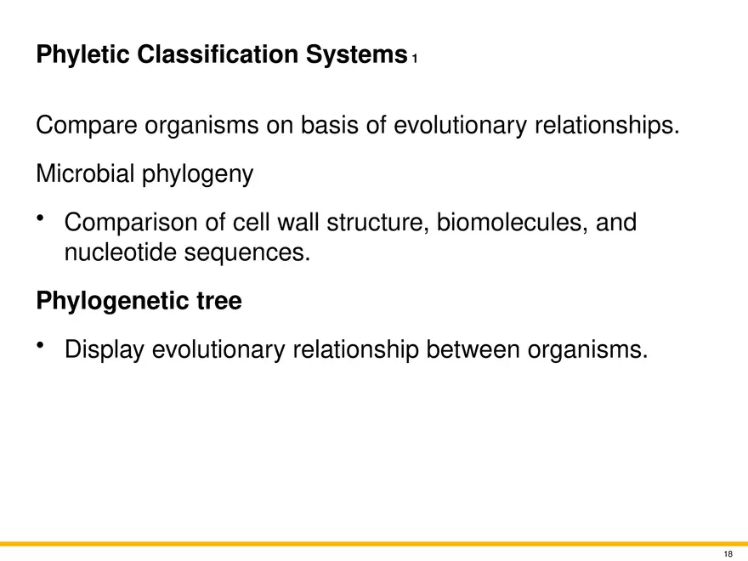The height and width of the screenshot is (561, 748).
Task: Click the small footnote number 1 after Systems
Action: (x=414, y=59)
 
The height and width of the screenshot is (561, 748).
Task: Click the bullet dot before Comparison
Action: (x=41, y=220)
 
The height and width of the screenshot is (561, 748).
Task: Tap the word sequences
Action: (x=251, y=252)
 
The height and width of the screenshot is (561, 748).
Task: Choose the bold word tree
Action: (x=218, y=302)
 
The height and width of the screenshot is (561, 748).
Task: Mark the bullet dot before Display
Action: (x=41, y=345)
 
